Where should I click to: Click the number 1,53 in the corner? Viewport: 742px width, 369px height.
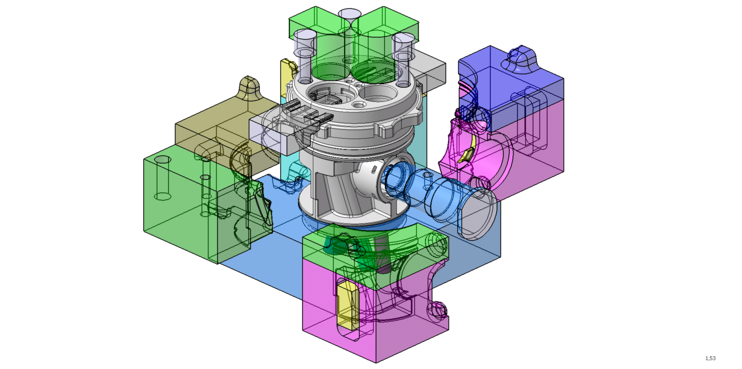pyautogui.click(x=710, y=358)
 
